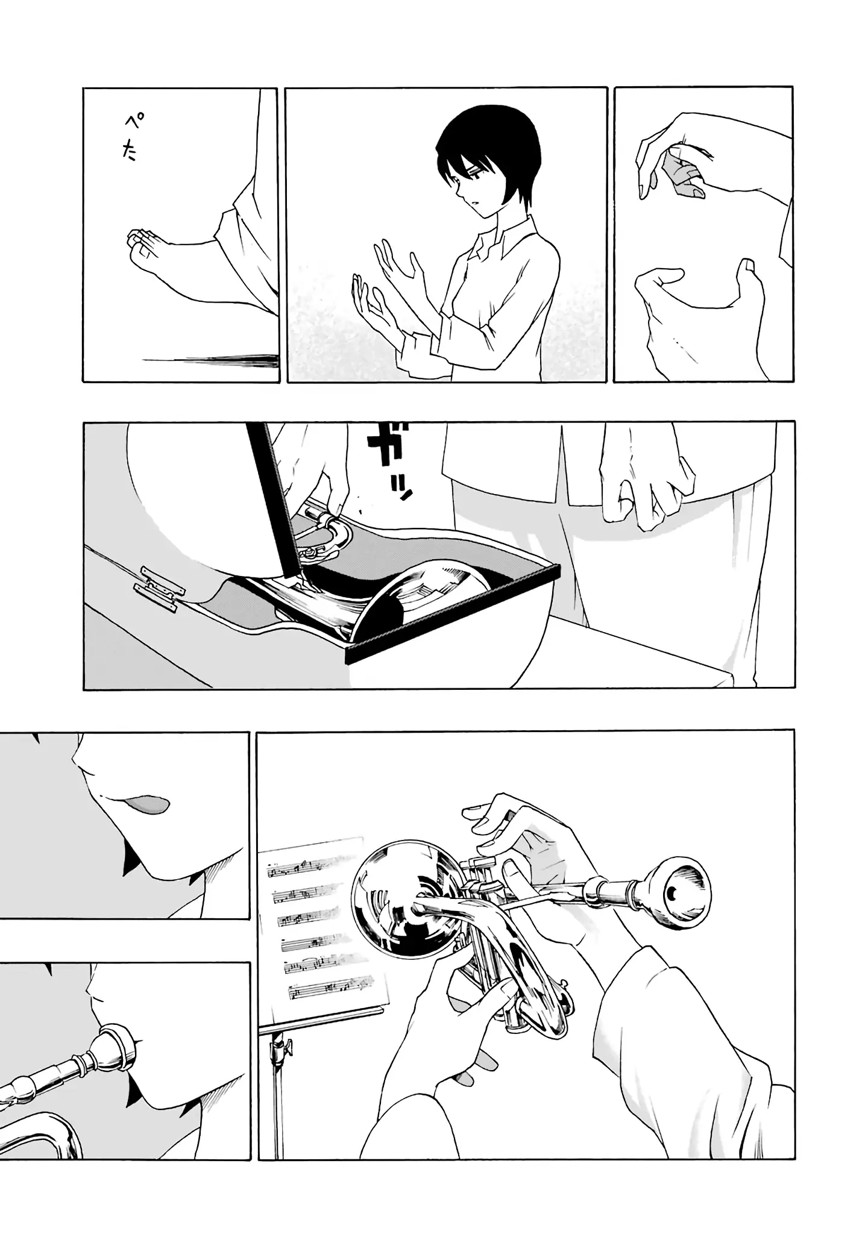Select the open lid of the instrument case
pos(274,500)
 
